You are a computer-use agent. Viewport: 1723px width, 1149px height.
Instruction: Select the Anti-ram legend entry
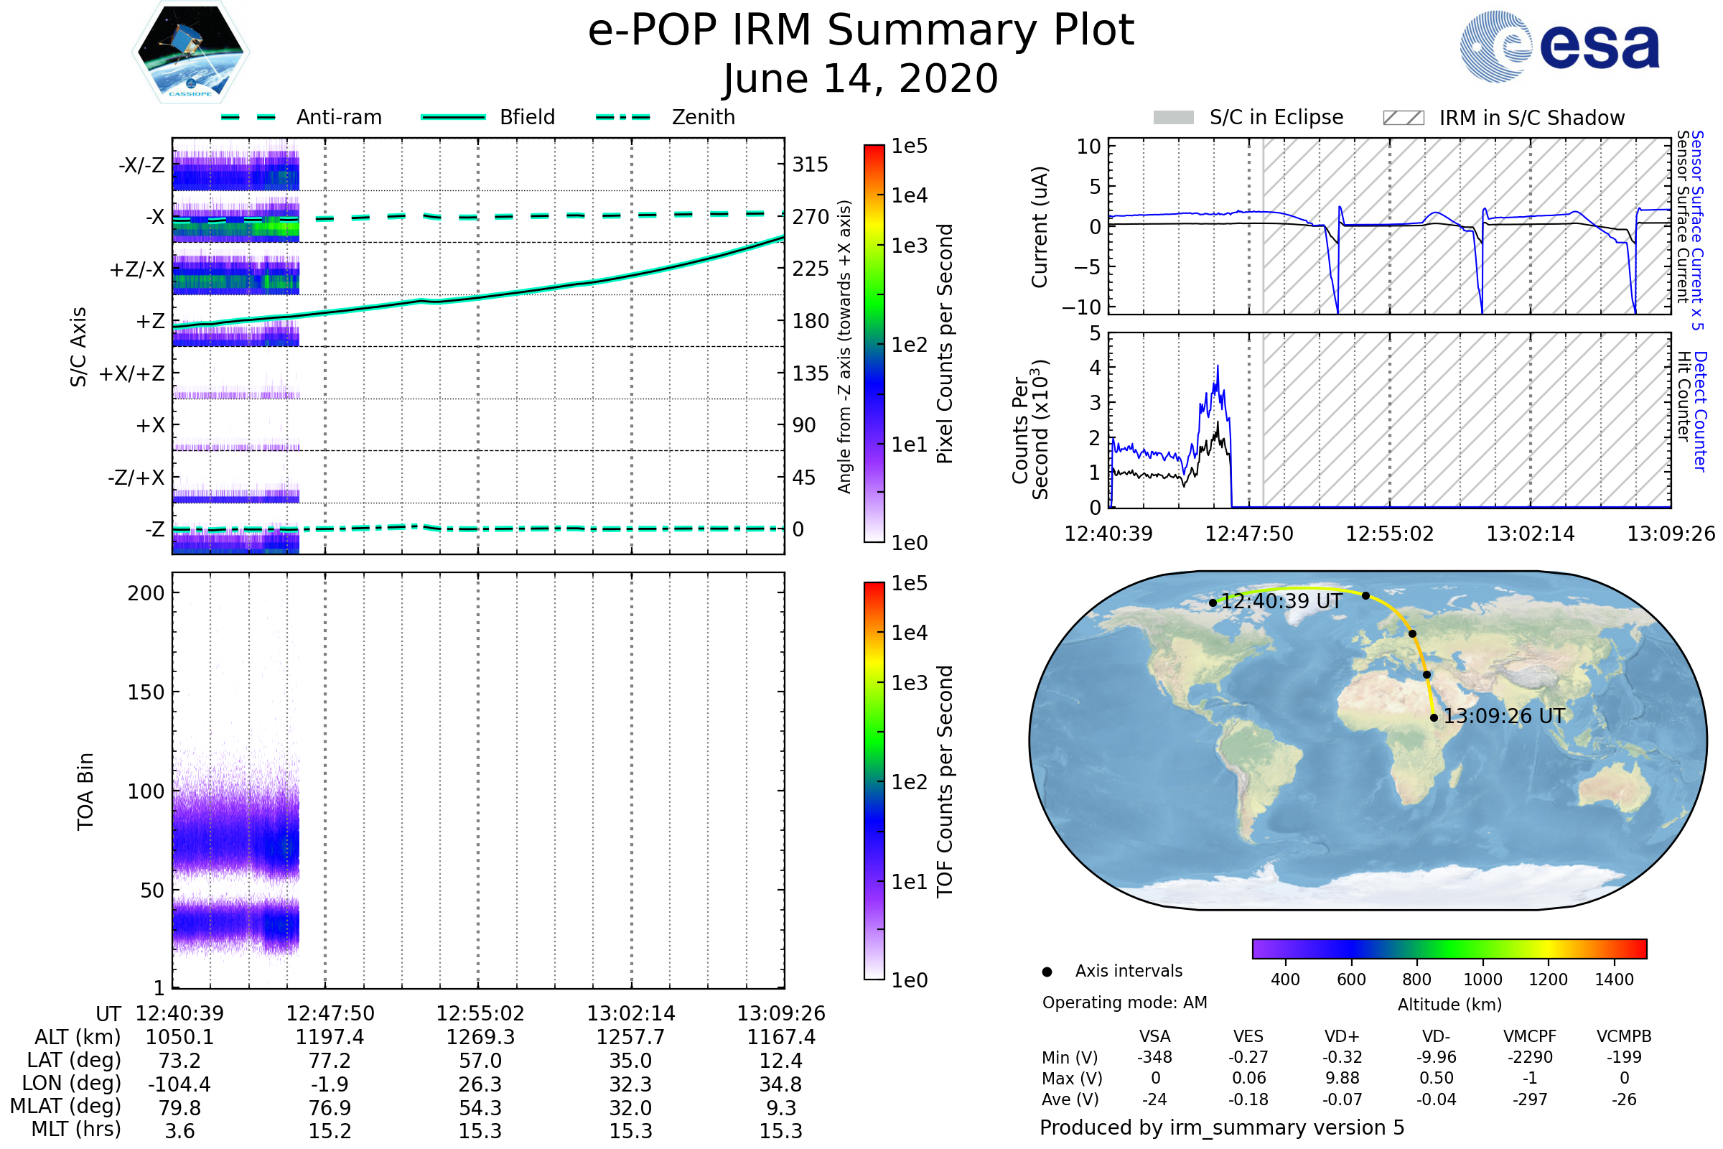coord(338,117)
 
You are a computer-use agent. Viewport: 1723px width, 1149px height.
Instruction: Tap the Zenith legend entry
coord(703,117)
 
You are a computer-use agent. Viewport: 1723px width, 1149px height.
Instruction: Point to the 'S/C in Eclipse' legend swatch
coord(1173,118)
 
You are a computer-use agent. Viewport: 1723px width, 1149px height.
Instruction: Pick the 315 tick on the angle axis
coord(810,165)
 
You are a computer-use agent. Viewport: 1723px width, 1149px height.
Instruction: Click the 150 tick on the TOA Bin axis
coord(146,692)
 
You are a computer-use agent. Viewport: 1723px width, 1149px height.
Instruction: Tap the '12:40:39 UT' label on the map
coord(1281,602)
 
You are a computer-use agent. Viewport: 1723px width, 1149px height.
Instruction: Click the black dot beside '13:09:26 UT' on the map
coord(1434,718)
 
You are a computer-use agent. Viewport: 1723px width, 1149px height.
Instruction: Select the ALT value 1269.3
coord(480,1038)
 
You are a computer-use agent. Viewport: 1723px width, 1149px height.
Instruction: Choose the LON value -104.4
coord(179,1084)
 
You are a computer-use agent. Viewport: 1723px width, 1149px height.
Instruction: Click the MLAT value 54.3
coord(480,1108)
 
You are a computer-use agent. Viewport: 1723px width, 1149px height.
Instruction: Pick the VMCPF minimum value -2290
coord(1530,1057)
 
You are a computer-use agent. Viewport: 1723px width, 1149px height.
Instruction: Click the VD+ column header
coord(1341,1037)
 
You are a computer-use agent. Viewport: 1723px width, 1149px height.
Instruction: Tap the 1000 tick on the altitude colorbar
coord(1482,980)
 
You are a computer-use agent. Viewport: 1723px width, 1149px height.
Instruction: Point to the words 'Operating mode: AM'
coord(1124,1003)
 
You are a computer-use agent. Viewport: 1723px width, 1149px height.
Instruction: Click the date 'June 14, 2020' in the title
coord(861,79)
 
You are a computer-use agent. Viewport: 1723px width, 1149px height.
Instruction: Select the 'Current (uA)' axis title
coord(1040,227)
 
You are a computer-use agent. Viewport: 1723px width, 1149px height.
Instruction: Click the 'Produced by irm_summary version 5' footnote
coord(1222,1127)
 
